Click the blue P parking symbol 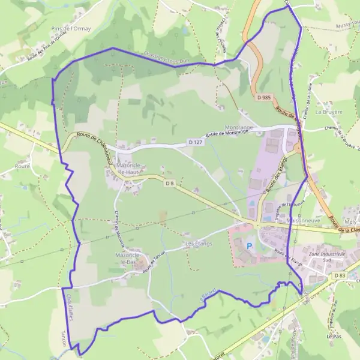pyautogui.click(x=249, y=246)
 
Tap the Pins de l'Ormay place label pyautogui.click(x=72, y=28)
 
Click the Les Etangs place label pyautogui.click(x=199, y=244)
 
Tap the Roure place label pyautogui.click(x=23, y=166)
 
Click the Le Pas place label pyautogui.click(x=334, y=337)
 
